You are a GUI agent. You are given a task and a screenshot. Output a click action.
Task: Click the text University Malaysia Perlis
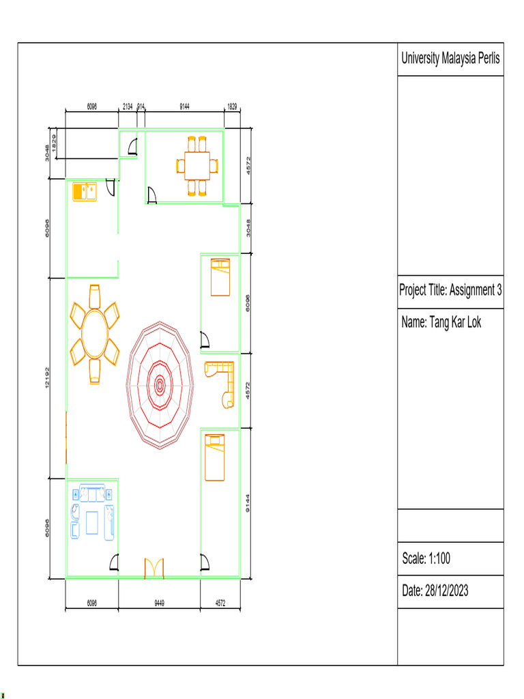(450, 59)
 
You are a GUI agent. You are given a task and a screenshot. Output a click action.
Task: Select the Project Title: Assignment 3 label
(450, 290)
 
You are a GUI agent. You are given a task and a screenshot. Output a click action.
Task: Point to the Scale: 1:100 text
(426, 558)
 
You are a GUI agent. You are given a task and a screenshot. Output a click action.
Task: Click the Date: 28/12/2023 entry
(435, 590)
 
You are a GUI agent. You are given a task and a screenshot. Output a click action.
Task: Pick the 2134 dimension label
(128, 106)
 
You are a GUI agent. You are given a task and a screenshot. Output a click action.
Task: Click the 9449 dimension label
(159, 603)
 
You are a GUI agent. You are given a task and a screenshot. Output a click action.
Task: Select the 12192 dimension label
(47, 377)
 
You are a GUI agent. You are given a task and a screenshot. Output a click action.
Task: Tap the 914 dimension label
(141, 106)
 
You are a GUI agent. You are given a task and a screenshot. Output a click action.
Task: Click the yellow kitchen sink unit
(85, 191)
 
